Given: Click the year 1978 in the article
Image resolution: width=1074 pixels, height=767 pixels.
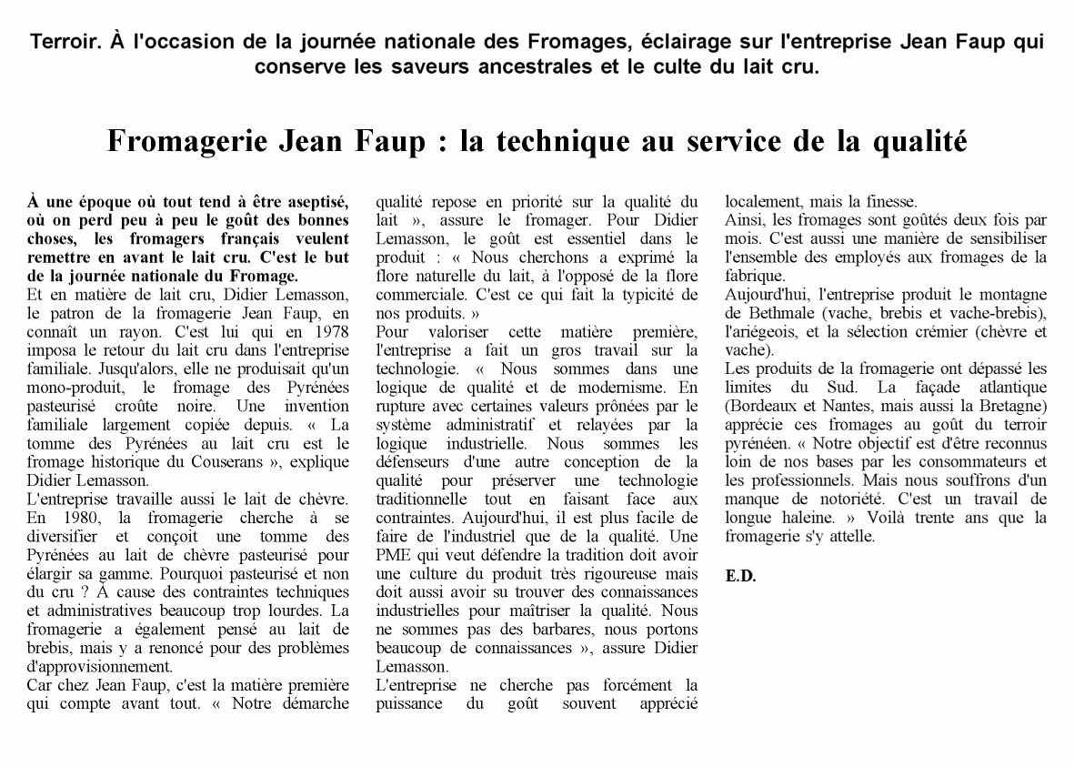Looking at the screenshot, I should tap(329, 331).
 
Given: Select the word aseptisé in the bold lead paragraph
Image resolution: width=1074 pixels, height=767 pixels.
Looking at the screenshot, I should tap(312, 201).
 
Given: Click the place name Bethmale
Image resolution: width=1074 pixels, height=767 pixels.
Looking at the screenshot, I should tap(776, 313).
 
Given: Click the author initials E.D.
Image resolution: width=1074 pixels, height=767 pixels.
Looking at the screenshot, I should tap(741, 576).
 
